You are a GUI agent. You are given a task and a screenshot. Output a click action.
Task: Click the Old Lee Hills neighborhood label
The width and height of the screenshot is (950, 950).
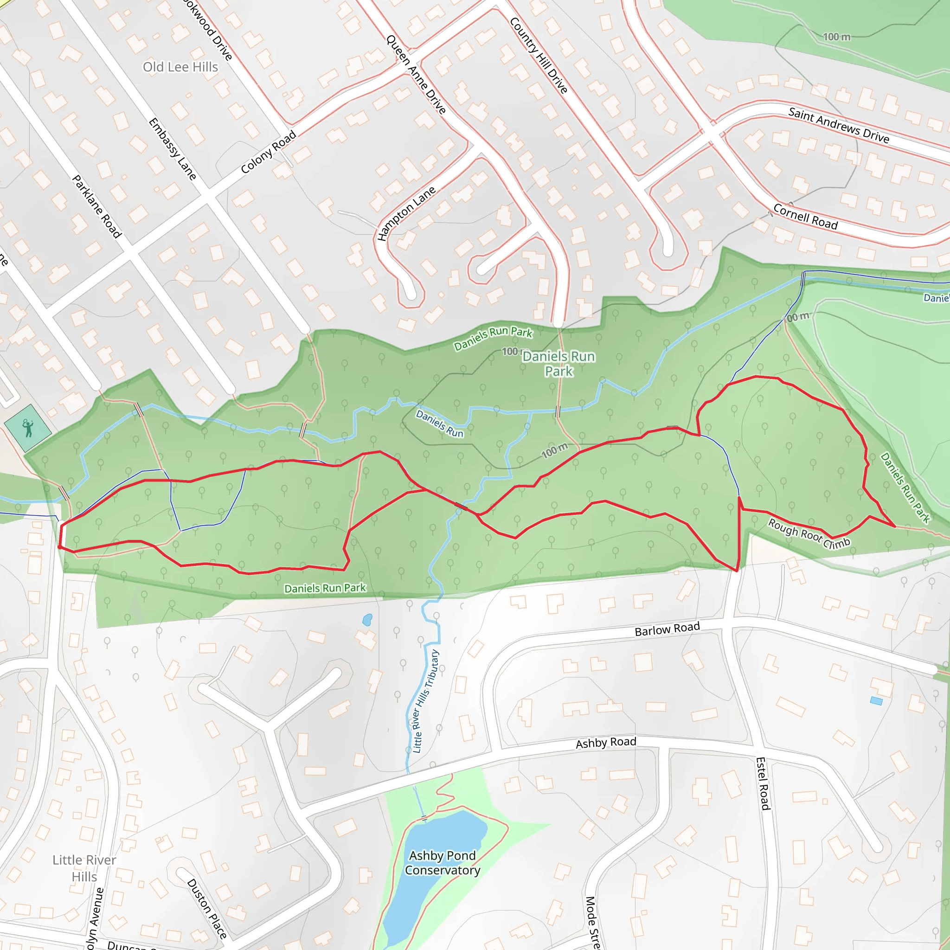click(x=180, y=67)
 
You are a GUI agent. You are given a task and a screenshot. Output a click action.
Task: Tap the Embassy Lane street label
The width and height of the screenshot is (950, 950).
click(x=173, y=149)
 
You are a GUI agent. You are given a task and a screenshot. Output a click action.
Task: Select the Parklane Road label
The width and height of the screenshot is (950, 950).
click(x=97, y=206)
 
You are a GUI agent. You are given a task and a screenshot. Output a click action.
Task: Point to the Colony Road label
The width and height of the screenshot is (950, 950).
click(x=269, y=152)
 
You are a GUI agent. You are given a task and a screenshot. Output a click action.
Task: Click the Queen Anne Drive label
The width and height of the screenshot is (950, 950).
click(x=416, y=75)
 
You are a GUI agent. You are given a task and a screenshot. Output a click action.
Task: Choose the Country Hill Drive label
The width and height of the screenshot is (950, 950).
click(x=539, y=55)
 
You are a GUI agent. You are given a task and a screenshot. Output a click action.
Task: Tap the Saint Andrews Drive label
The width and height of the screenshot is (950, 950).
click(x=839, y=125)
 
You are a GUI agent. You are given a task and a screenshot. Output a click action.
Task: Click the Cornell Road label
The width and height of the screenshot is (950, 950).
click(x=805, y=216)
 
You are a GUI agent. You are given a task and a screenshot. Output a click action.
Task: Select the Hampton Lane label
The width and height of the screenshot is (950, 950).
click(x=406, y=213)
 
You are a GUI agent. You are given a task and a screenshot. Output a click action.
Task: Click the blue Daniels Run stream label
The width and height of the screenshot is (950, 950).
click(x=440, y=424)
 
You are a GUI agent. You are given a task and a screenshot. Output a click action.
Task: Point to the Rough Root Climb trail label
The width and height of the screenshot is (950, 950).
click(x=809, y=534)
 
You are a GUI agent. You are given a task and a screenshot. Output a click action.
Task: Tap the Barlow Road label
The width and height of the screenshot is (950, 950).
click(x=667, y=629)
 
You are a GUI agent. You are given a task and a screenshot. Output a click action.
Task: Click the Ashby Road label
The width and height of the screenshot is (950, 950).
click(x=606, y=743)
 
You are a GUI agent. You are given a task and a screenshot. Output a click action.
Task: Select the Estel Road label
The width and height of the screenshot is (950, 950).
click(x=763, y=783)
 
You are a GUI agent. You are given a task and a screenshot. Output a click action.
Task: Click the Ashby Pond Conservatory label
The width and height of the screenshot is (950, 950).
click(x=443, y=862)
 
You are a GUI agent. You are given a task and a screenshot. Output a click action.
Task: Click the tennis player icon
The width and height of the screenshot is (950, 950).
click(x=28, y=428)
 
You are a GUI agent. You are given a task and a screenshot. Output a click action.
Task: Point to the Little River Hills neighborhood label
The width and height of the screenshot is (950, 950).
click(x=84, y=868)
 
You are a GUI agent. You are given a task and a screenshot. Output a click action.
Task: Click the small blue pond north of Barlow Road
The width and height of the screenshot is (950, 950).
click(x=367, y=620)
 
